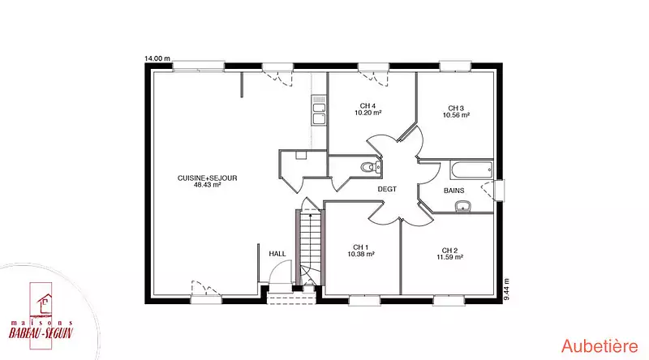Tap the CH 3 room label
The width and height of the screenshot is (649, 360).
point(456,109)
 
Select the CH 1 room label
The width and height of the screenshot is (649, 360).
point(361,247)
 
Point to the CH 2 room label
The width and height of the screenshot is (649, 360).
point(449,251)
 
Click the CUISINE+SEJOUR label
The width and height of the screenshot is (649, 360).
point(208,178)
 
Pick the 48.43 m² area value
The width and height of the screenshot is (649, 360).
point(208,185)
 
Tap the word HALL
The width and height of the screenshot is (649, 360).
point(277,254)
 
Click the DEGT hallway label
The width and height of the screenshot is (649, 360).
point(387,189)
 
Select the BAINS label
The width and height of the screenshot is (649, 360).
point(454,191)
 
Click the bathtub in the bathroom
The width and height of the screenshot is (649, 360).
point(472,170)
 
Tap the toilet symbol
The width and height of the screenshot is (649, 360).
point(371,167)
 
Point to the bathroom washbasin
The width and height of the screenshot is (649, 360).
point(463,206)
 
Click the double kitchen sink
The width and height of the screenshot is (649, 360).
point(319,110)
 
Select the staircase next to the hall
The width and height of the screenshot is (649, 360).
point(310,247)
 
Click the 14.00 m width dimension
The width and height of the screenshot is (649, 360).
point(157,58)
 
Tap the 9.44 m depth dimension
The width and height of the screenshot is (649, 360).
point(507,289)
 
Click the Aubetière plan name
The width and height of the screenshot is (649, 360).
point(600,346)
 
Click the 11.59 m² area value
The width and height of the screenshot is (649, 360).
point(450,257)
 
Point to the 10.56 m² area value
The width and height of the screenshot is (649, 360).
point(456,115)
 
